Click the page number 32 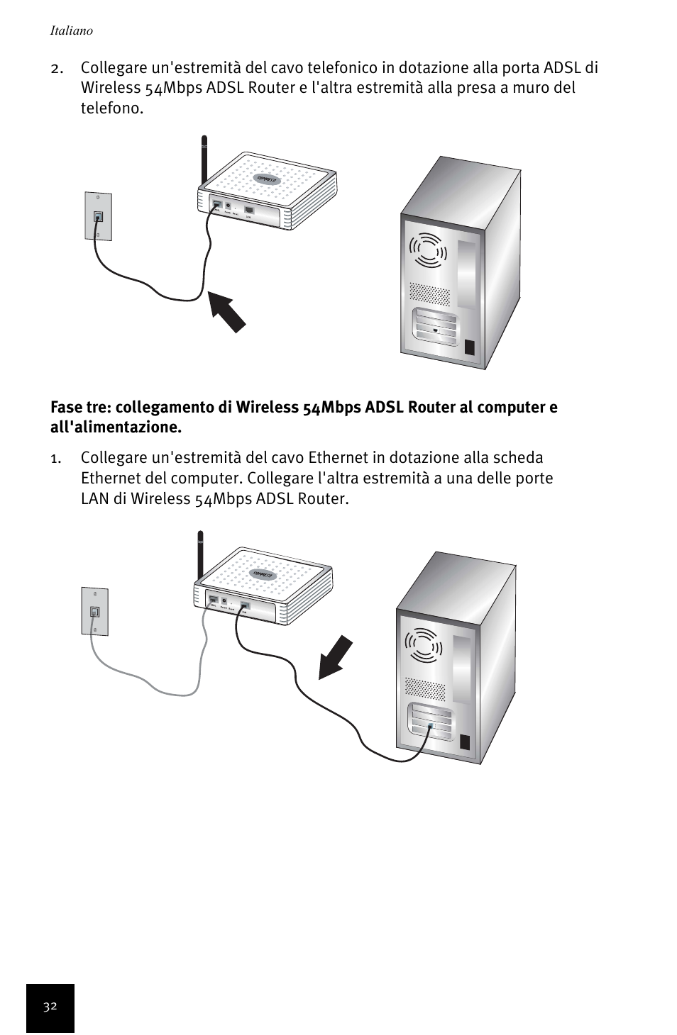(x=50, y=1007)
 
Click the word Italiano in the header (x=71, y=31)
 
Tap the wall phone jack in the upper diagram (x=98, y=216)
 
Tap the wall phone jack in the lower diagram (x=94, y=611)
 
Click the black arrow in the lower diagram (x=335, y=658)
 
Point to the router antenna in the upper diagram (x=204, y=160)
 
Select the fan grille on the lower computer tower (x=424, y=647)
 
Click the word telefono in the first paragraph (x=111, y=108)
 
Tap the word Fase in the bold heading (x=66, y=408)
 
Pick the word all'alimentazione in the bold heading (x=116, y=427)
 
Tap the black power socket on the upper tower (x=469, y=348)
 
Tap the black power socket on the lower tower (x=465, y=742)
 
